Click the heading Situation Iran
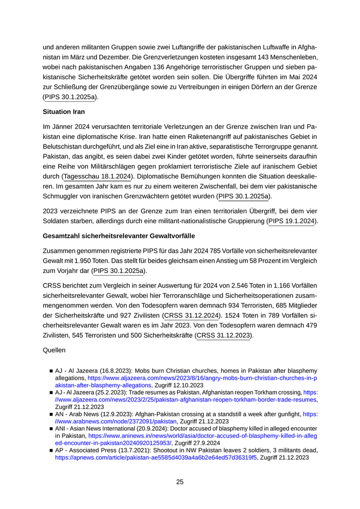click(x=64, y=112)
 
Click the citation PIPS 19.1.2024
click(x=292, y=221)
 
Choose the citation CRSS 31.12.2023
click(x=224, y=336)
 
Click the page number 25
click(x=179, y=482)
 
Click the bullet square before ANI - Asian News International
click(x=51, y=428)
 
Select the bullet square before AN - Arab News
click(x=51, y=413)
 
